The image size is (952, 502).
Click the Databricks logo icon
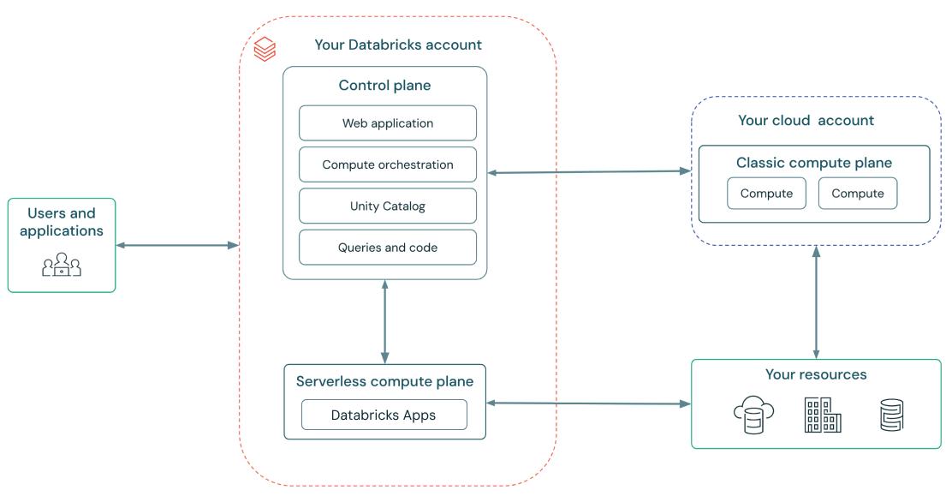click(x=265, y=49)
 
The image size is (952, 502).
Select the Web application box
click(x=387, y=123)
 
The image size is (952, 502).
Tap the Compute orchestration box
click(x=387, y=164)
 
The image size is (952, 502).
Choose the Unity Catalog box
click(x=387, y=206)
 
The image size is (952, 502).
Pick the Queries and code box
click(x=387, y=248)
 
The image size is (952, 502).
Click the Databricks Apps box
click(x=384, y=415)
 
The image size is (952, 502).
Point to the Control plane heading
click(x=384, y=85)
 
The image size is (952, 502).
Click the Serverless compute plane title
click(x=384, y=381)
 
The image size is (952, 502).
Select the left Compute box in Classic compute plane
click(x=766, y=194)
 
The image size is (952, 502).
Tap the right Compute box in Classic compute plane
click(x=857, y=194)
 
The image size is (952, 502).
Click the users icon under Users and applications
click(x=62, y=265)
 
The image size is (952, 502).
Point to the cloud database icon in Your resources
click(x=753, y=415)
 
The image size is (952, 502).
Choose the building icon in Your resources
click(x=822, y=415)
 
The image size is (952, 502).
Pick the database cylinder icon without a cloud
click(x=891, y=415)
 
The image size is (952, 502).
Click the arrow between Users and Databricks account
click(x=176, y=246)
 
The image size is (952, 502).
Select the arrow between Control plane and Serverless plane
click(x=384, y=321)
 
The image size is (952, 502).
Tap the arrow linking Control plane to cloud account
click(x=589, y=172)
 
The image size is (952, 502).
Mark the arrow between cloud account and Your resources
click(x=816, y=302)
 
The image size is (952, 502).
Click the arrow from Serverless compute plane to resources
click(x=588, y=403)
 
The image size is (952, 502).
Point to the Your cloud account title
click(x=806, y=120)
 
